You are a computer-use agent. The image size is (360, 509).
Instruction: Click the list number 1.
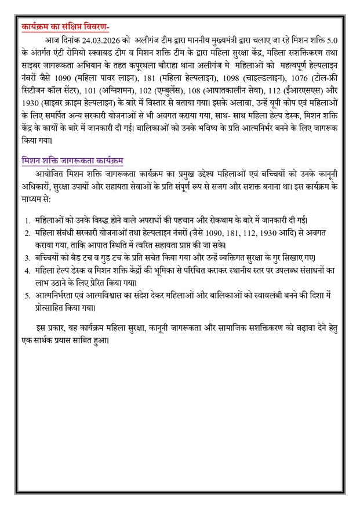(x=27, y=220)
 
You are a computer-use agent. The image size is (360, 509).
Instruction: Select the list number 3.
(x=27, y=258)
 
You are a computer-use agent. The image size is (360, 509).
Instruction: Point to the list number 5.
(x=27, y=296)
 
